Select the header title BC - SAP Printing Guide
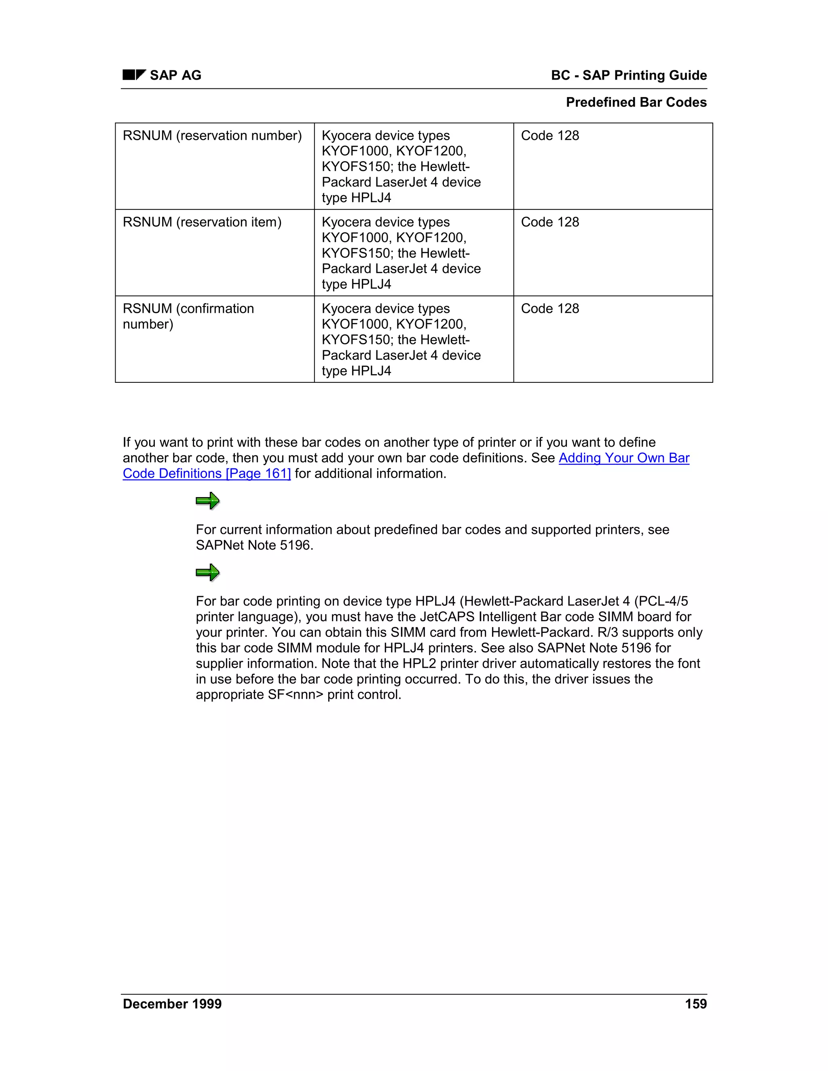tap(628, 75)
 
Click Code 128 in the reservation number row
tap(549, 135)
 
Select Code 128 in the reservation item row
tap(549, 222)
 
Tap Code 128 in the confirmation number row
tap(549, 308)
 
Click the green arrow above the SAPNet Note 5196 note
tap(207, 501)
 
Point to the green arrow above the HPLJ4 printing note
tap(207, 572)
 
